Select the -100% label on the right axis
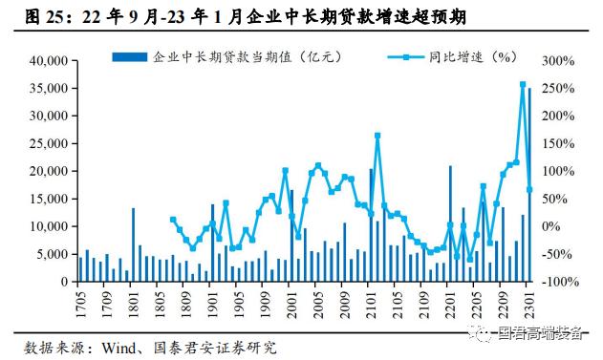pos(561,283)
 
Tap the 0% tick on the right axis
pos(553,227)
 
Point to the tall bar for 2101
pos(371,225)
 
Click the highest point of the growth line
pos(523,85)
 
